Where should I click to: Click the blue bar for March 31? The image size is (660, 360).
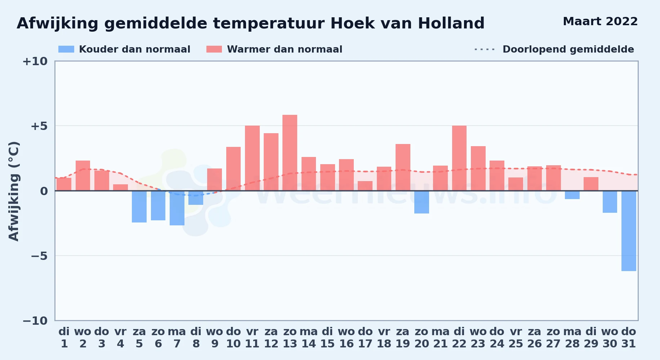(x=629, y=231)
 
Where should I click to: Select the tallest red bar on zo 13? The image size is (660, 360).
(x=290, y=153)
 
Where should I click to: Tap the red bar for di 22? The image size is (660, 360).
(x=459, y=158)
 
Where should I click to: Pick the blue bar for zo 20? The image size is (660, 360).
(x=422, y=202)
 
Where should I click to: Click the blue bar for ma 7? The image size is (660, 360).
(x=177, y=208)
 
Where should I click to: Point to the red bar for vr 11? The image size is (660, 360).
(x=252, y=158)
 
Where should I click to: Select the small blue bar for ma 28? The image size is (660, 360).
(x=572, y=195)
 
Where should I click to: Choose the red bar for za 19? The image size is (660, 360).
(x=403, y=167)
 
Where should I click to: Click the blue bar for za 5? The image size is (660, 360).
(x=139, y=207)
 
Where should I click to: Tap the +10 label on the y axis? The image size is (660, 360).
(x=35, y=61)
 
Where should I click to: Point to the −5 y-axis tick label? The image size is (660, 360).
(x=39, y=256)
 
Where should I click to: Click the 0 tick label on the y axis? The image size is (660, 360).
(x=44, y=191)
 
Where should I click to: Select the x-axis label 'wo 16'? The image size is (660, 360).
(x=346, y=338)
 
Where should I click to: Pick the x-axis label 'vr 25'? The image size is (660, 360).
(x=516, y=338)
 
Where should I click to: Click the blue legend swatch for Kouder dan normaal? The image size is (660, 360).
(x=66, y=49)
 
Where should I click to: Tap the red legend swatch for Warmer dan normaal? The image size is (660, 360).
(x=214, y=49)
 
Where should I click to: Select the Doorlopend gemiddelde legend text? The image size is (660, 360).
(x=568, y=49)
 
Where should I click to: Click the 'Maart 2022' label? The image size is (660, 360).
(x=600, y=21)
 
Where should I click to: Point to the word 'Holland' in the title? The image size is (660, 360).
(x=451, y=23)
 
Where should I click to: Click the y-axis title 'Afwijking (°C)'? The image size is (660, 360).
(x=14, y=191)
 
